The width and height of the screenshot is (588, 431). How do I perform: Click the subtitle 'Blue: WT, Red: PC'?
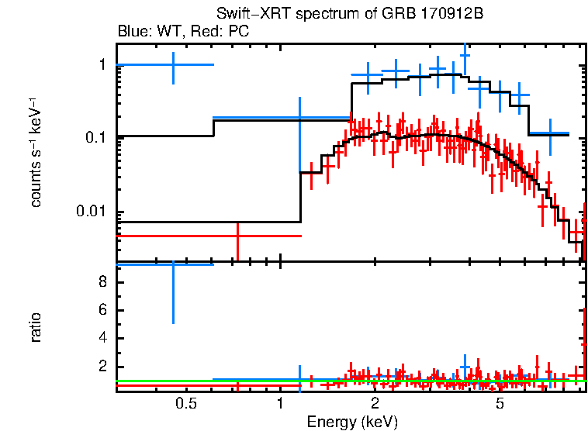(x=182, y=33)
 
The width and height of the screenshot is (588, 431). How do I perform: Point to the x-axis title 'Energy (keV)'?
(x=352, y=422)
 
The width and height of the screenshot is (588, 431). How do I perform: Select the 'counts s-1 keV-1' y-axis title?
(x=36, y=154)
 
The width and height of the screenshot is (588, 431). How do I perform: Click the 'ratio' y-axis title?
(x=36, y=328)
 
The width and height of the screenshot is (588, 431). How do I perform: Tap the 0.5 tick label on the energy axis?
(x=185, y=404)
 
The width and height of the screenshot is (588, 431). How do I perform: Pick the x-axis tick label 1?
(x=279, y=404)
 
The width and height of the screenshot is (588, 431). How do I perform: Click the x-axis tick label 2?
(x=374, y=404)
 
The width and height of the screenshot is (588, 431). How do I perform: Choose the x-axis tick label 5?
(x=500, y=404)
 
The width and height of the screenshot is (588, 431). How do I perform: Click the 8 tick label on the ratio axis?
(x=102, y=282)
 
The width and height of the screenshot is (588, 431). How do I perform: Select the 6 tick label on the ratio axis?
(x=102, y=311)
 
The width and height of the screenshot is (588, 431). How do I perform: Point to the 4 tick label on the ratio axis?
(x=102, y=339)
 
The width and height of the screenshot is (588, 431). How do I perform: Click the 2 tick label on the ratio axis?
(x=102, y=367)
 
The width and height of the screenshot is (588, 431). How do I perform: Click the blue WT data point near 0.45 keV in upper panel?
(x=172, y=65)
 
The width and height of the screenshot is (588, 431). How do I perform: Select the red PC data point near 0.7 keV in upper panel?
(x=237, y=236)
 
